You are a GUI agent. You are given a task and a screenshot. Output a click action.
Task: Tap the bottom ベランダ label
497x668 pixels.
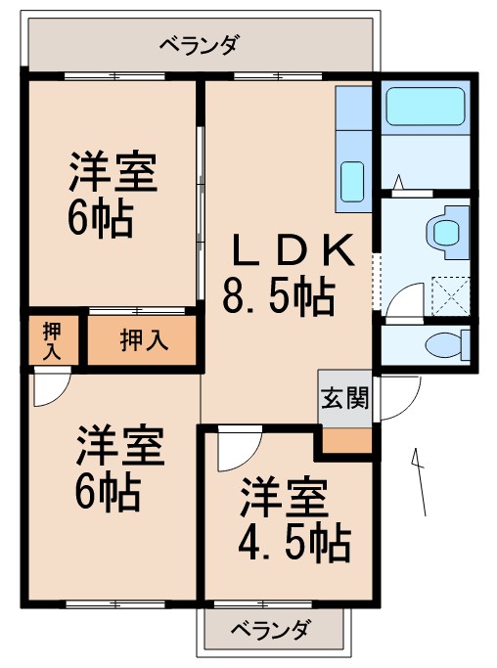271,630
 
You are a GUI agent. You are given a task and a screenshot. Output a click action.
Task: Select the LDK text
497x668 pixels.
290,252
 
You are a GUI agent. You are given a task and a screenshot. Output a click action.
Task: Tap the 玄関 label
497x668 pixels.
344,400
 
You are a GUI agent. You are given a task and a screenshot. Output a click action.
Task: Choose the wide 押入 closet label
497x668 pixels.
144,340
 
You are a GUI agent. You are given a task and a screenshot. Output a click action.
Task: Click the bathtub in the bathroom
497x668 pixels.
424,108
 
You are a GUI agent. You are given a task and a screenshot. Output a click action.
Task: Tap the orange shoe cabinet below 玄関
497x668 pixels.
344,439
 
